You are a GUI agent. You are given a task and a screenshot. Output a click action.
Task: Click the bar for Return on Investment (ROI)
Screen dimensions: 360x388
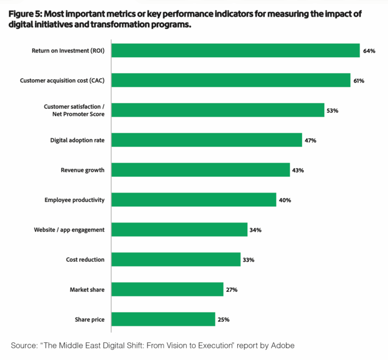[236, 50]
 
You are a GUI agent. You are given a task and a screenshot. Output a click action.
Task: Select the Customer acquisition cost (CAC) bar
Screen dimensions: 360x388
[231, 80]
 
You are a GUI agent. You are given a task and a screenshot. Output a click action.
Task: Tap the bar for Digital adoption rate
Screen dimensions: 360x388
[207, 140]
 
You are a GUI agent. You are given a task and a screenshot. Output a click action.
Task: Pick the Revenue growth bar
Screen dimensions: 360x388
[201, 170]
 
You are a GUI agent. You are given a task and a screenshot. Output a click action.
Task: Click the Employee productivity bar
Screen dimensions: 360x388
[194, 200]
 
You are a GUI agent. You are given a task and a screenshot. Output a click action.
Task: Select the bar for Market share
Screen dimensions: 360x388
[167, 290]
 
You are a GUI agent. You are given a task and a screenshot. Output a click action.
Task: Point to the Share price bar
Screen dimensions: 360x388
[164, 319]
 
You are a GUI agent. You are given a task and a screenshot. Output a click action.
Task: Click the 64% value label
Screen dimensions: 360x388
[369, 51]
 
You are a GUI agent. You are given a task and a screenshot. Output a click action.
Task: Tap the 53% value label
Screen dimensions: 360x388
[332, 110]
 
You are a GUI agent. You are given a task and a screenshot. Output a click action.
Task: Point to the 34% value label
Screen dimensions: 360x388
[255, 230]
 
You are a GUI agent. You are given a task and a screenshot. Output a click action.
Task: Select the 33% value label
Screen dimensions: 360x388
[248, 260]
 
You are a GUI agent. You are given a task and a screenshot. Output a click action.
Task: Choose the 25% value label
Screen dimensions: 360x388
[223, 320]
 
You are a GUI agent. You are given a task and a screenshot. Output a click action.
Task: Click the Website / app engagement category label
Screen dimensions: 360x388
[69, 230]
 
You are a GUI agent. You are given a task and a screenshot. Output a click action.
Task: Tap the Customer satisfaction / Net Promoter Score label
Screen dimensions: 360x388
[74, 110]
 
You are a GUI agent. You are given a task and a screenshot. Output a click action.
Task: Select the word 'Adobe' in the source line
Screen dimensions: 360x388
[283, 346]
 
